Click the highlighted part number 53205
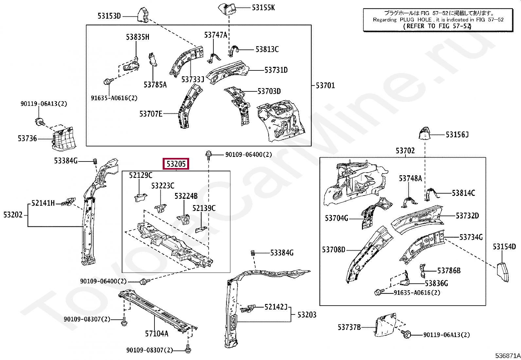pyautogui.click(x=176, y=164)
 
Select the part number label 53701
pyautogui.click(x=325, y=86)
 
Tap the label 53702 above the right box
pyautogui.click(x=405, y=151)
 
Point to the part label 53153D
pyautogui.click(x=109, y=16)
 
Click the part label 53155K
pyautogui.click(x=263, y=8)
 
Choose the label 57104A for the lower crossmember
pyautogui.click(x=156, y=334)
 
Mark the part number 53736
pyautogui.click(x=27, y=139)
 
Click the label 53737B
pyautogui.click(x=349, y=327)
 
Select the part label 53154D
pyautogui.click(x=504, y=247)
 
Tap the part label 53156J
pyautogui.click(x=457, y=135)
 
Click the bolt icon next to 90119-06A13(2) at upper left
pyautogui.click(x=38, y=121)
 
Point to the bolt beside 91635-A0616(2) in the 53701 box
pyautogui.click(x=108, y=81)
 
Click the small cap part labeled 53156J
pyautogui.click(x=424, y=133)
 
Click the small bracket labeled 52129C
pyautogui.click(x=141, y=197)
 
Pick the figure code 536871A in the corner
pyautogui.click(x=508, y=356)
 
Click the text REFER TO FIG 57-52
pyautogui.click(x=437, y=26)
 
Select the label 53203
pyautogui.click(x=307, y=315)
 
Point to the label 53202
pyautogui.click(x=13, y=215)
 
